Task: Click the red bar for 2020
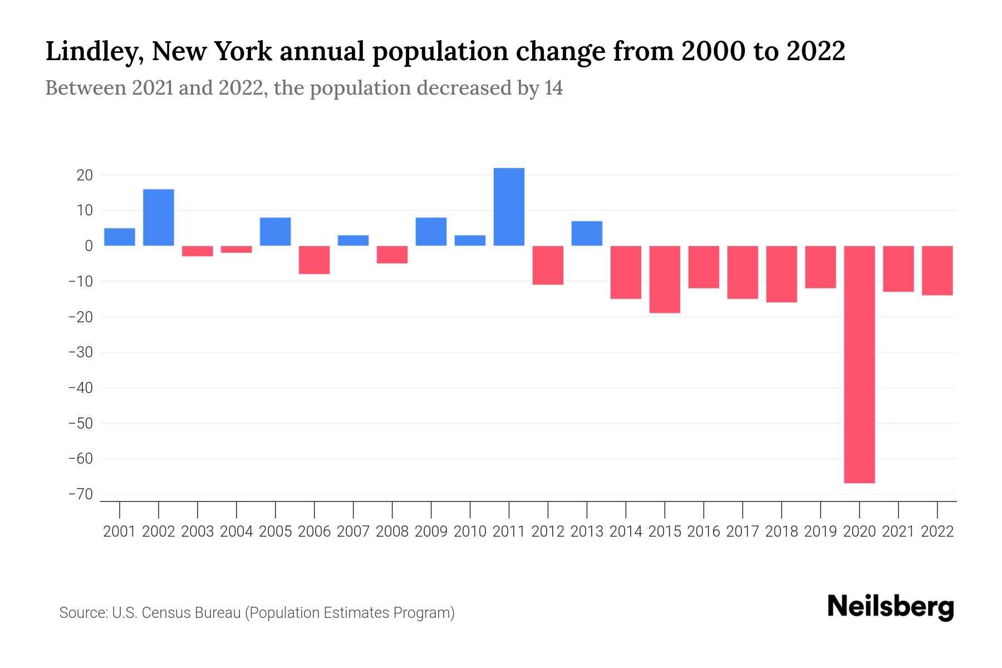coord(859,364)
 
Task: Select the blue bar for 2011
coord(509,207)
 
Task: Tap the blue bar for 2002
coord(159,217)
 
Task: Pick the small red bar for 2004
coord(237,249)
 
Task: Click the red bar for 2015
coord(665,279)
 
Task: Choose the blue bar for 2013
coord(587,233)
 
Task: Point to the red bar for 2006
coord(315,259)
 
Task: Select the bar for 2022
coord(937,270)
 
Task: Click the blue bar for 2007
coord(353,240)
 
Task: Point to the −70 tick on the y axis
coord(80,494)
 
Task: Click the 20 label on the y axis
coord(85,175)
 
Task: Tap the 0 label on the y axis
coord(89,246)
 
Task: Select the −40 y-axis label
coord(80,388)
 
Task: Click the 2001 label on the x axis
coord(120,532)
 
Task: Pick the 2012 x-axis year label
coord(548,532)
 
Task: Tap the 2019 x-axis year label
coord(821,532)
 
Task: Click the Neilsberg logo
coord(890,607)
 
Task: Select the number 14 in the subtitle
coord(553,88)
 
